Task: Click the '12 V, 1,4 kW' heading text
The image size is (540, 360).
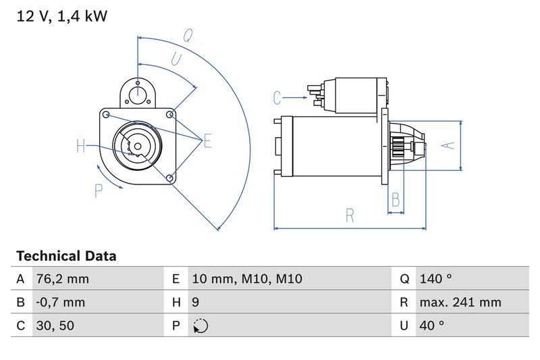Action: click(61, 16)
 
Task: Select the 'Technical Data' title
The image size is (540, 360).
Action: click(66, 257)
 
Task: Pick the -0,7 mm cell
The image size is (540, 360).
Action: click(60, 302)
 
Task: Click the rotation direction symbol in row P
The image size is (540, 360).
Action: click(200, 326)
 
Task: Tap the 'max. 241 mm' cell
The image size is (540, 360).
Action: click(460, 302)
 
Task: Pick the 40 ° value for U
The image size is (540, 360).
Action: click(431, 326)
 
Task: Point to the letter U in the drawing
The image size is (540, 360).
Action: click(176, 59)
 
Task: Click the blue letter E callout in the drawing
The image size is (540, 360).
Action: click(207, 140)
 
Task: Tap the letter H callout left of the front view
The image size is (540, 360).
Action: click(81, 145)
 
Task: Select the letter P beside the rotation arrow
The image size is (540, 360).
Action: click(99, 191)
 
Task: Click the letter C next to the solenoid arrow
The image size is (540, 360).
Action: click(277, 98)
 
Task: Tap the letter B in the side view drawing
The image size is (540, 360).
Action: click(396, 200)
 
